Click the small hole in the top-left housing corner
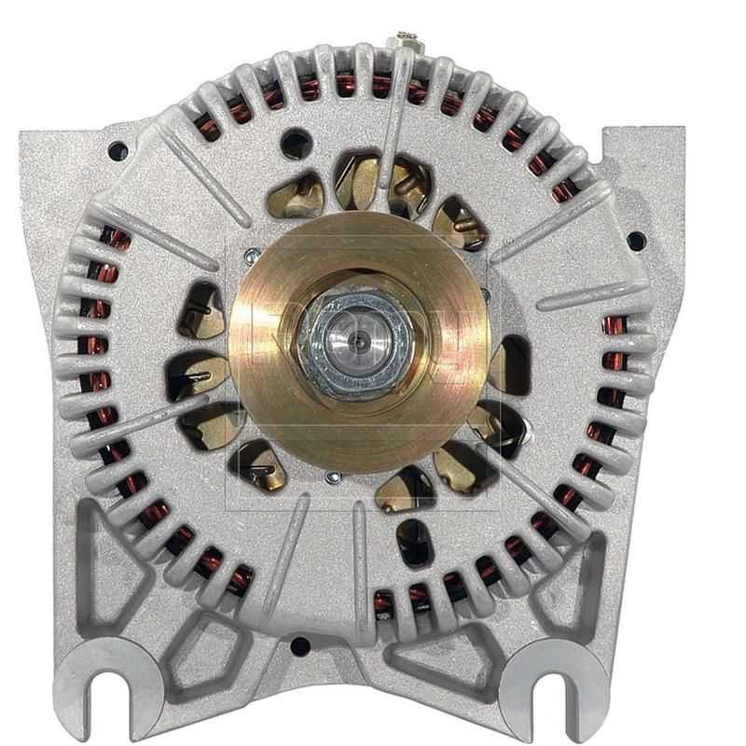117,150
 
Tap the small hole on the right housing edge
636,240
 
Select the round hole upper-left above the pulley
297,143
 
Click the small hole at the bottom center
299,645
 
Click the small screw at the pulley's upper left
250,254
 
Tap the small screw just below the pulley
332,477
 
